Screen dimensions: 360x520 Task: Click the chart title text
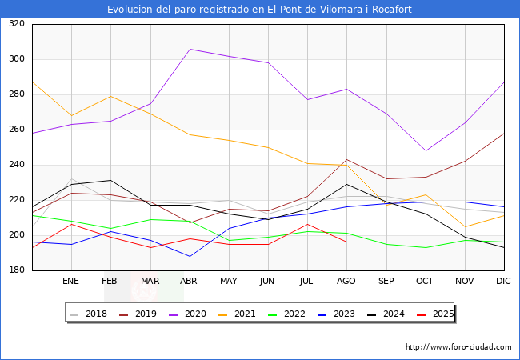(260, 10)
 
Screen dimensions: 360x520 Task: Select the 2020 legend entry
(199, 314)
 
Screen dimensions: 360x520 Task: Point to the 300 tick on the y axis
(16, 59)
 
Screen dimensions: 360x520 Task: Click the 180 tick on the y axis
(16, 270)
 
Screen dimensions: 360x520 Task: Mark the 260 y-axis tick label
(16, 130)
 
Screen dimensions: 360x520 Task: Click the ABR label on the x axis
(189, 281)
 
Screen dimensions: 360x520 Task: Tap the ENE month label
(71, 281)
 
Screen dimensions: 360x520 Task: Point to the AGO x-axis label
(346, 281)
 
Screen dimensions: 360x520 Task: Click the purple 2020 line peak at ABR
(190, 49)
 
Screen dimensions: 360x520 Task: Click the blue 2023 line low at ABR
(190, 256)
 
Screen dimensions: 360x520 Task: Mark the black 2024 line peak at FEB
(110, 181)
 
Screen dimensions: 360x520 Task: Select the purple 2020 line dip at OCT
(426, 150)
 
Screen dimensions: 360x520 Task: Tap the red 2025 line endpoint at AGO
(346, 242)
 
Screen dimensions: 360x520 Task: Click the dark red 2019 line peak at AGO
(346, 159)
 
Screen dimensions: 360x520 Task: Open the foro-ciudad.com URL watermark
(458, 347)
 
